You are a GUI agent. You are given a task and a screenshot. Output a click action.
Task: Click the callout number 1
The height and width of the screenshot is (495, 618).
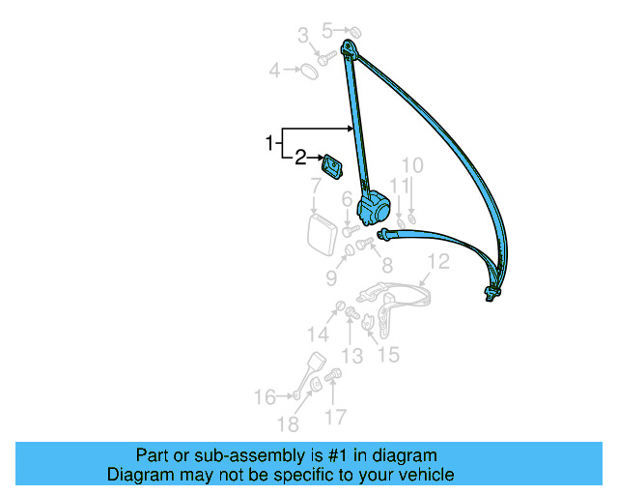tap(269, 144)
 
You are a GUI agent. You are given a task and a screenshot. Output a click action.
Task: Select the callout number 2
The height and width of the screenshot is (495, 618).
tap(300, 157)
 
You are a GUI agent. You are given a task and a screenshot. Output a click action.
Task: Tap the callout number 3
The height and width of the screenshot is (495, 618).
tap(303, 36)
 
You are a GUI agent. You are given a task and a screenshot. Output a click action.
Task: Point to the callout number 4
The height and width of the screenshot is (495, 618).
tap(274, 70)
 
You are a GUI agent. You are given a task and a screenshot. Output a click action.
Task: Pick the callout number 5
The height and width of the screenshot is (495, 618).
tap(326, 30)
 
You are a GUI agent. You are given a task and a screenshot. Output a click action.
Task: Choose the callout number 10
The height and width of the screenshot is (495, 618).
tap(412, 165)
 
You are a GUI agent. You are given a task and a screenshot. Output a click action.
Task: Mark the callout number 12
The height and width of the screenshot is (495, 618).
tap(438, 260)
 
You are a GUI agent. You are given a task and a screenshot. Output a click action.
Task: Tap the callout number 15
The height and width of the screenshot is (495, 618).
tap(387, 355)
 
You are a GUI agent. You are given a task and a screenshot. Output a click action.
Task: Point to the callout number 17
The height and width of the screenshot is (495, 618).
tap(334, 418)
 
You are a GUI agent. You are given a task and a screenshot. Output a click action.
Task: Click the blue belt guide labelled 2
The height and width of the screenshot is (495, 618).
tap(333, 166)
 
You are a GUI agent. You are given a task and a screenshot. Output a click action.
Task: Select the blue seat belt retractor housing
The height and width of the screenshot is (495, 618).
tap(375, 207)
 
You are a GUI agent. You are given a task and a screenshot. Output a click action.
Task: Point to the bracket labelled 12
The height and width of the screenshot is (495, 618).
tap(396, 294)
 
